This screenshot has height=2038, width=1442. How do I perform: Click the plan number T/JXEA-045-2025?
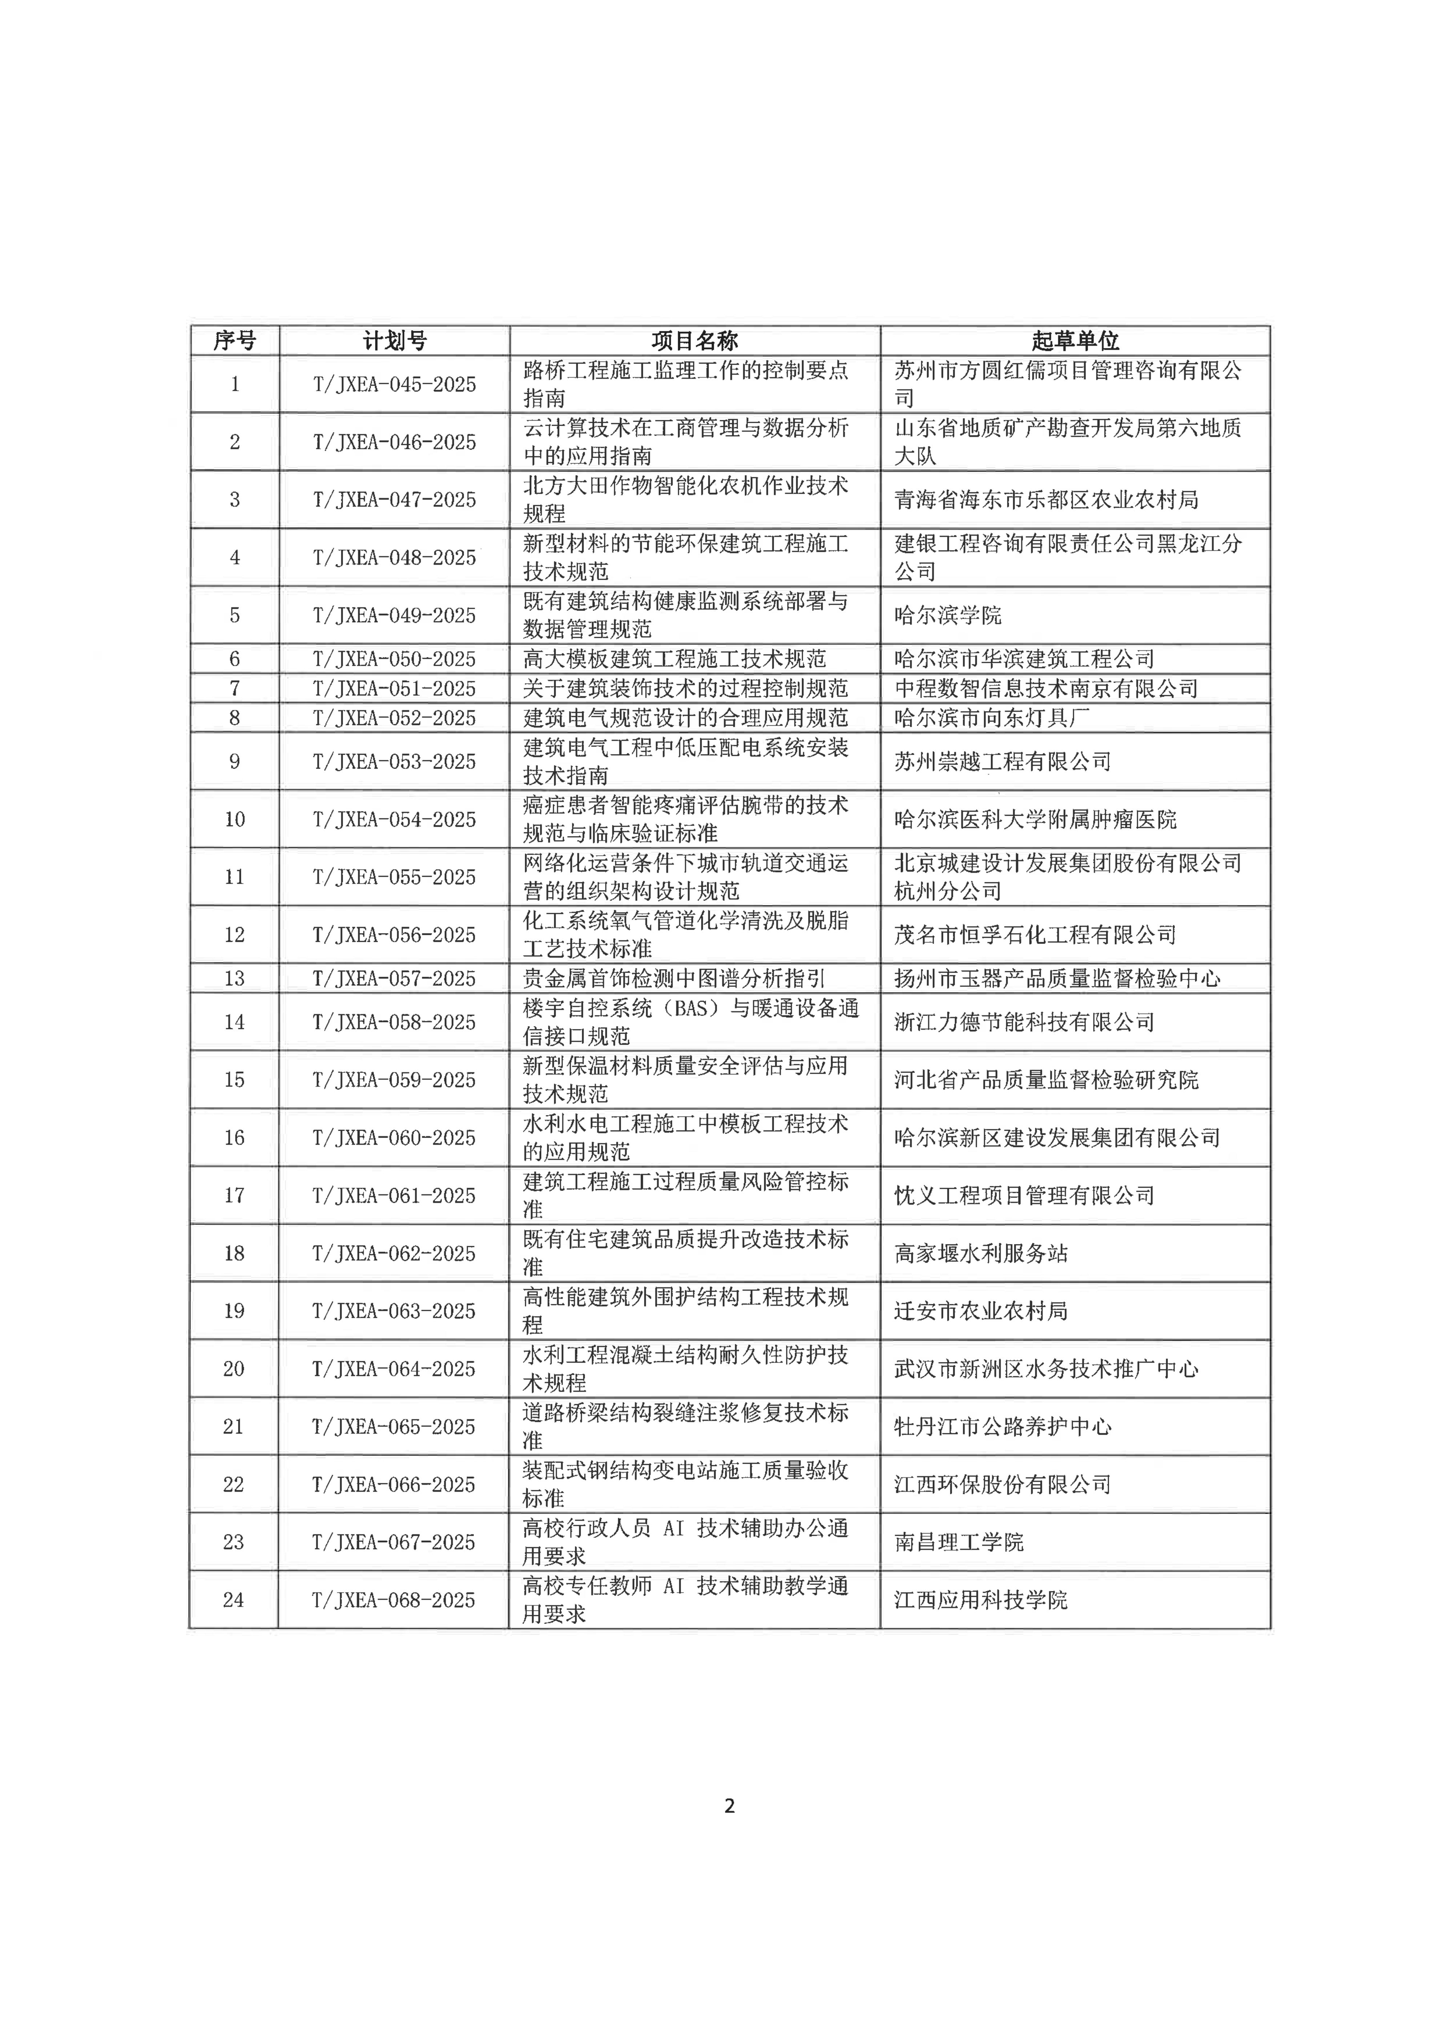pos(394,384)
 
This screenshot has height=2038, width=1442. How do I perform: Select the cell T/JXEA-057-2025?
pos(394,978)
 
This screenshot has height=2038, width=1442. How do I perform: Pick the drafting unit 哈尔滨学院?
pos(947,615)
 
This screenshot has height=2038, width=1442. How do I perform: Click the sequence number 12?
pos(234,935)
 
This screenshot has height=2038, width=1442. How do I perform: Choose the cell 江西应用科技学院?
pos(980,1600)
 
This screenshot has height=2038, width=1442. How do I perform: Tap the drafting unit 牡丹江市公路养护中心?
pos(1003,1426)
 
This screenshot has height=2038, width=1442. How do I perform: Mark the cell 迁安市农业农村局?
pos(980,1311)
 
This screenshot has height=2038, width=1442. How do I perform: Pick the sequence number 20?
pos(234,1369)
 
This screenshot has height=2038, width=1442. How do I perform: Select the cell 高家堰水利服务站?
pos(980,1253)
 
